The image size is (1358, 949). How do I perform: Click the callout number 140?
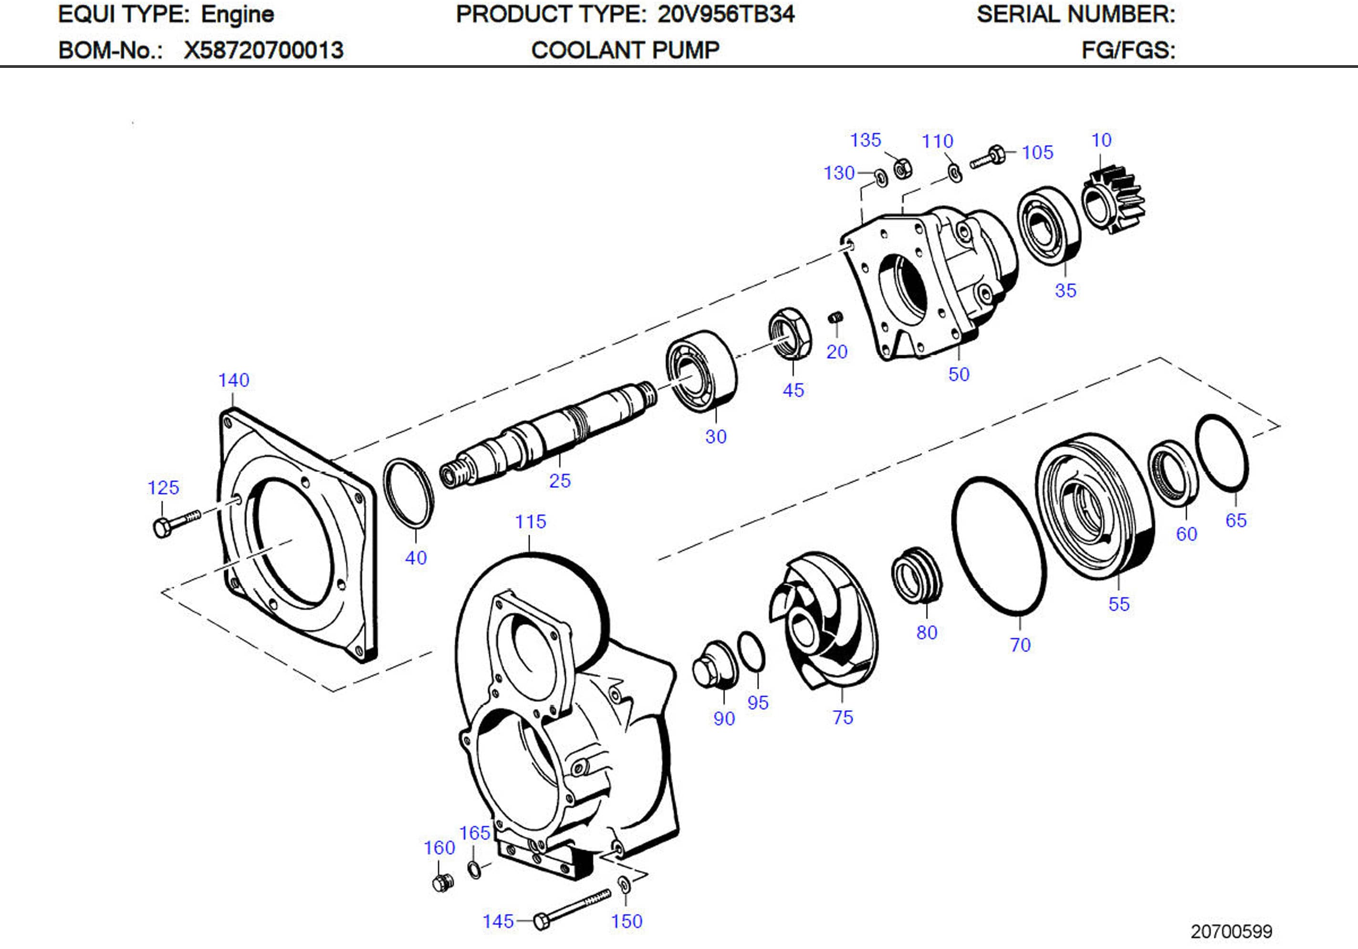click(234, 380)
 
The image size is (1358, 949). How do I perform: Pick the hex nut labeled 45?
click(790, 333)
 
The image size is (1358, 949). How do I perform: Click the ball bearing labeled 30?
click(700, 370)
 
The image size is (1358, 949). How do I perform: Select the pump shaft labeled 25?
click(550, 434)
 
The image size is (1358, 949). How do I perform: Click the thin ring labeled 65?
click(1222, 453)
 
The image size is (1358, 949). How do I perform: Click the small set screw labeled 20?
click(835, 318)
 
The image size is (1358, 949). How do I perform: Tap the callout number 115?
click(530, 522)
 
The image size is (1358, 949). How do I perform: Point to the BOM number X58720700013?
click(263, 50)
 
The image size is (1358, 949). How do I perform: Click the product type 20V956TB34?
click(726, 14)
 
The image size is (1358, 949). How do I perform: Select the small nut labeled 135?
click(902, 169)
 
